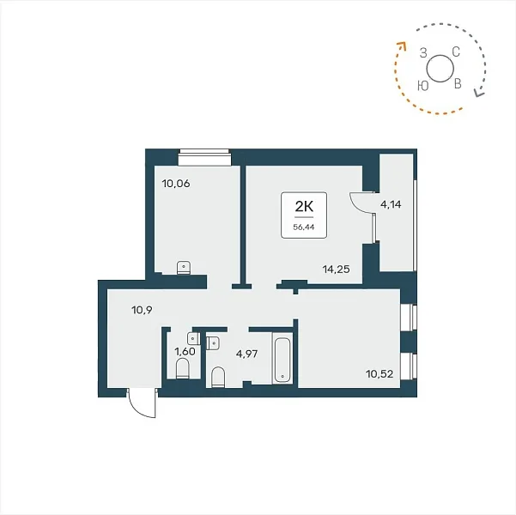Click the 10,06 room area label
click(x=176, y=184)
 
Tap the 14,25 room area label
click(x=336, y=270)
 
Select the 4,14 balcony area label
click(x=391, y=204)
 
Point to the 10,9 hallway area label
click(x=142, y=310)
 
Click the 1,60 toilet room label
click(x=185, y=351)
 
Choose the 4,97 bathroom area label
click(x=246, y=354)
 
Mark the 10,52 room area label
click(x=379, y=374)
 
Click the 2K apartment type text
click(x=304, y=207)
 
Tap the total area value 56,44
click(x=304, y=227)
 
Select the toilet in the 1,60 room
click(x=183, y=369)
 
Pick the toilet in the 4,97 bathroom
click(x=218, y=377)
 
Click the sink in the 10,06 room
click(x=184, y=268)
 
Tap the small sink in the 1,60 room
click(x=193, y=338)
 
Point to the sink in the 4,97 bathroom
click(x=213, y=343)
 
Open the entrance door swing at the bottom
click(x=143, y=403)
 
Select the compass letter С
click(x=456, y=51)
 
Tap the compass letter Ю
click(x=423, y=86)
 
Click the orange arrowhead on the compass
click(x=402, y=45)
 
